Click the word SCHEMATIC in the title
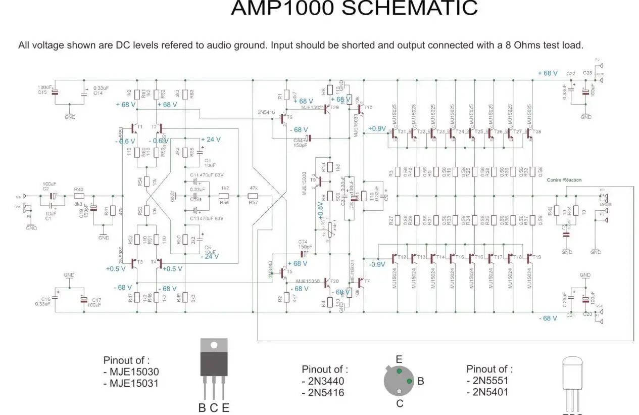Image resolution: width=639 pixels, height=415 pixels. click(x=410, y=9)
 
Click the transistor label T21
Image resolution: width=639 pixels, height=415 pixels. click(x=402, y=132)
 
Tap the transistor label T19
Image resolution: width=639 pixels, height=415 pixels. click(x=536, y=257)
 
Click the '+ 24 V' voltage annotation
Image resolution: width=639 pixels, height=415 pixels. click(x=211, y=140)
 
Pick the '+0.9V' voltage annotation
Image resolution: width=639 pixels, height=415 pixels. click(x=377, y=128)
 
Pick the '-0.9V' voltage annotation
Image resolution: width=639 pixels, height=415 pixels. click(x=377, y=264)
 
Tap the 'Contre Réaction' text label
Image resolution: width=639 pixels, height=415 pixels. click(x=564, y=180)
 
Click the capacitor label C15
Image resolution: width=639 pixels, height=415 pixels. click(x=42, y=93)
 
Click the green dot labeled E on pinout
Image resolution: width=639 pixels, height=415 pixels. click(x=399, y=371)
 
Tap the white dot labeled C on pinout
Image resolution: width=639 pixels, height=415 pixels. click(x=399, y=391)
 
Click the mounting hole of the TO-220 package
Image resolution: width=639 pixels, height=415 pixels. click(x=214, y=346)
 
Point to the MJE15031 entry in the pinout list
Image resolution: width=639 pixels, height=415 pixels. click(x=134, y=384)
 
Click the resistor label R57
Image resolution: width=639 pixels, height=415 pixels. click(x=253, y=202)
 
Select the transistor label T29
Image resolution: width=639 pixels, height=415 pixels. click(x=334, y=107)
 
